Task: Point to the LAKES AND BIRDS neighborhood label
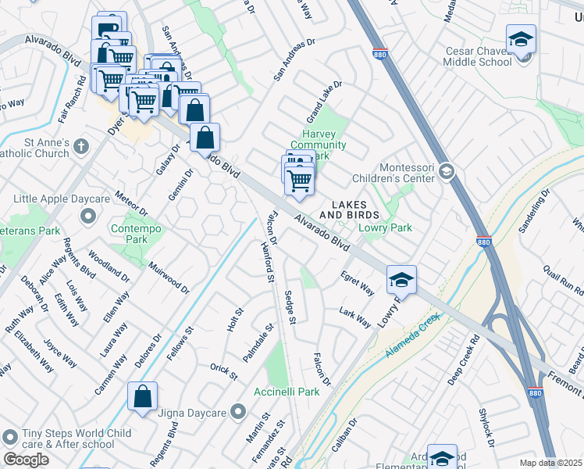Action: click(349, 209)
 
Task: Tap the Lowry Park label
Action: click(384, 227)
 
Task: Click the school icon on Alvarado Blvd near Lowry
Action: click(401, 279)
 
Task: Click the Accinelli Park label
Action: click(287, 392)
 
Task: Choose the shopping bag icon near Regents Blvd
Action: click(143, 396)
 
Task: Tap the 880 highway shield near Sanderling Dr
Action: click(484, 243)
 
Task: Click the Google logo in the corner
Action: click(26, 460)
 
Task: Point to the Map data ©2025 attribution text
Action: click(550, 463)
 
